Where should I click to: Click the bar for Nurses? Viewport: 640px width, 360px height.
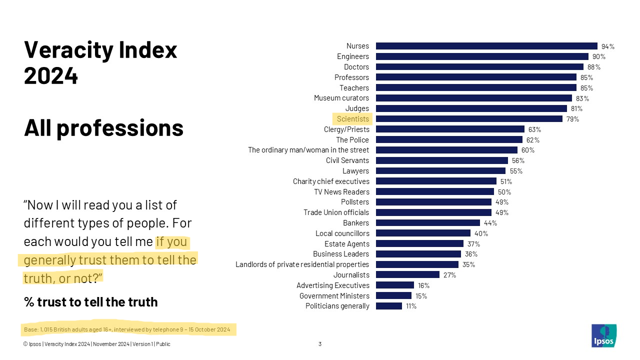486,46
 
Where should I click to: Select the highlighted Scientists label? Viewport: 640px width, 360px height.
352,119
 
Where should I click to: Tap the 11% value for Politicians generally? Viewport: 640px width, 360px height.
411,306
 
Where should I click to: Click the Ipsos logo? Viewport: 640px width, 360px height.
603,335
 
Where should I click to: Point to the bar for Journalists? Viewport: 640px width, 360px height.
407,275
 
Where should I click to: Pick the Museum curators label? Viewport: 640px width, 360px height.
341,98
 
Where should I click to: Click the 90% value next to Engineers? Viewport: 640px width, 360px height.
599,56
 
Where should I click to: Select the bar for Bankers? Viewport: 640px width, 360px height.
427,223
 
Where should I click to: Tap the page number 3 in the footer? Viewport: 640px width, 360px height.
320,344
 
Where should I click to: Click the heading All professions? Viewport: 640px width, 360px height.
103,128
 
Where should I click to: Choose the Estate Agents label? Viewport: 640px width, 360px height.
346,244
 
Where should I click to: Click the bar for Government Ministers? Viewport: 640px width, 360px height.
393,296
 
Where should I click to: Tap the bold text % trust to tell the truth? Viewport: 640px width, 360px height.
90,302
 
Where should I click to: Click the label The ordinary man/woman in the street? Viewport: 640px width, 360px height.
308,150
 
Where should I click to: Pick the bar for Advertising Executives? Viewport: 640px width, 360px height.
394,285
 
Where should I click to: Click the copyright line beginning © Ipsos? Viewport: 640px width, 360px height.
96,344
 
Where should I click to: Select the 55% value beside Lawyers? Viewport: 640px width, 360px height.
516,171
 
